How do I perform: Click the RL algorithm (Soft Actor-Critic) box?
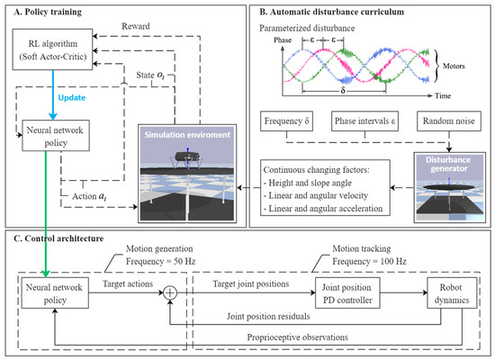pyautogui.click(x=60, y=55)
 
